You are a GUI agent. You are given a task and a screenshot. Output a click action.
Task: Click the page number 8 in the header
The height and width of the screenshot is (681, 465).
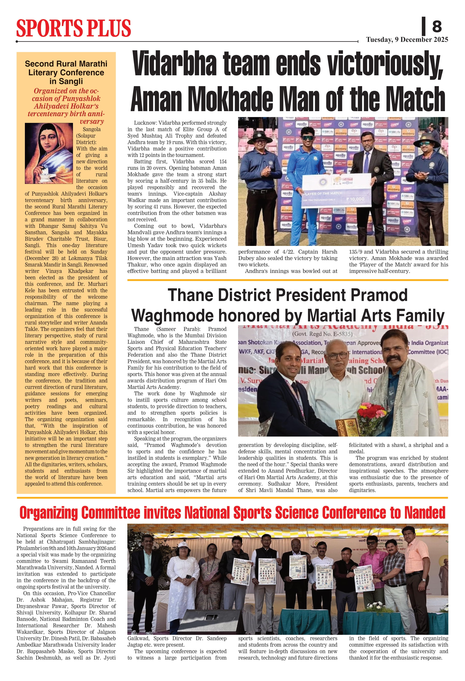coord(437,26)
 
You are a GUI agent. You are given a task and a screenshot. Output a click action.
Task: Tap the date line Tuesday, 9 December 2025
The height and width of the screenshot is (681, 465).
coord(407,40)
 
